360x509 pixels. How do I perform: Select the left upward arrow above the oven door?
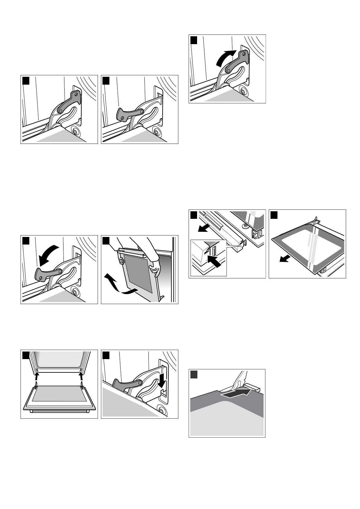(x=36, y=376)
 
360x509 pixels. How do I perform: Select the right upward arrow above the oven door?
(x=81, y=376)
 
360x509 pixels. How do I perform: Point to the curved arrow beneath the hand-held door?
(x=119, y=286)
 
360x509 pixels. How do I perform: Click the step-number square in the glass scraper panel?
(x=194, y=374)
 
